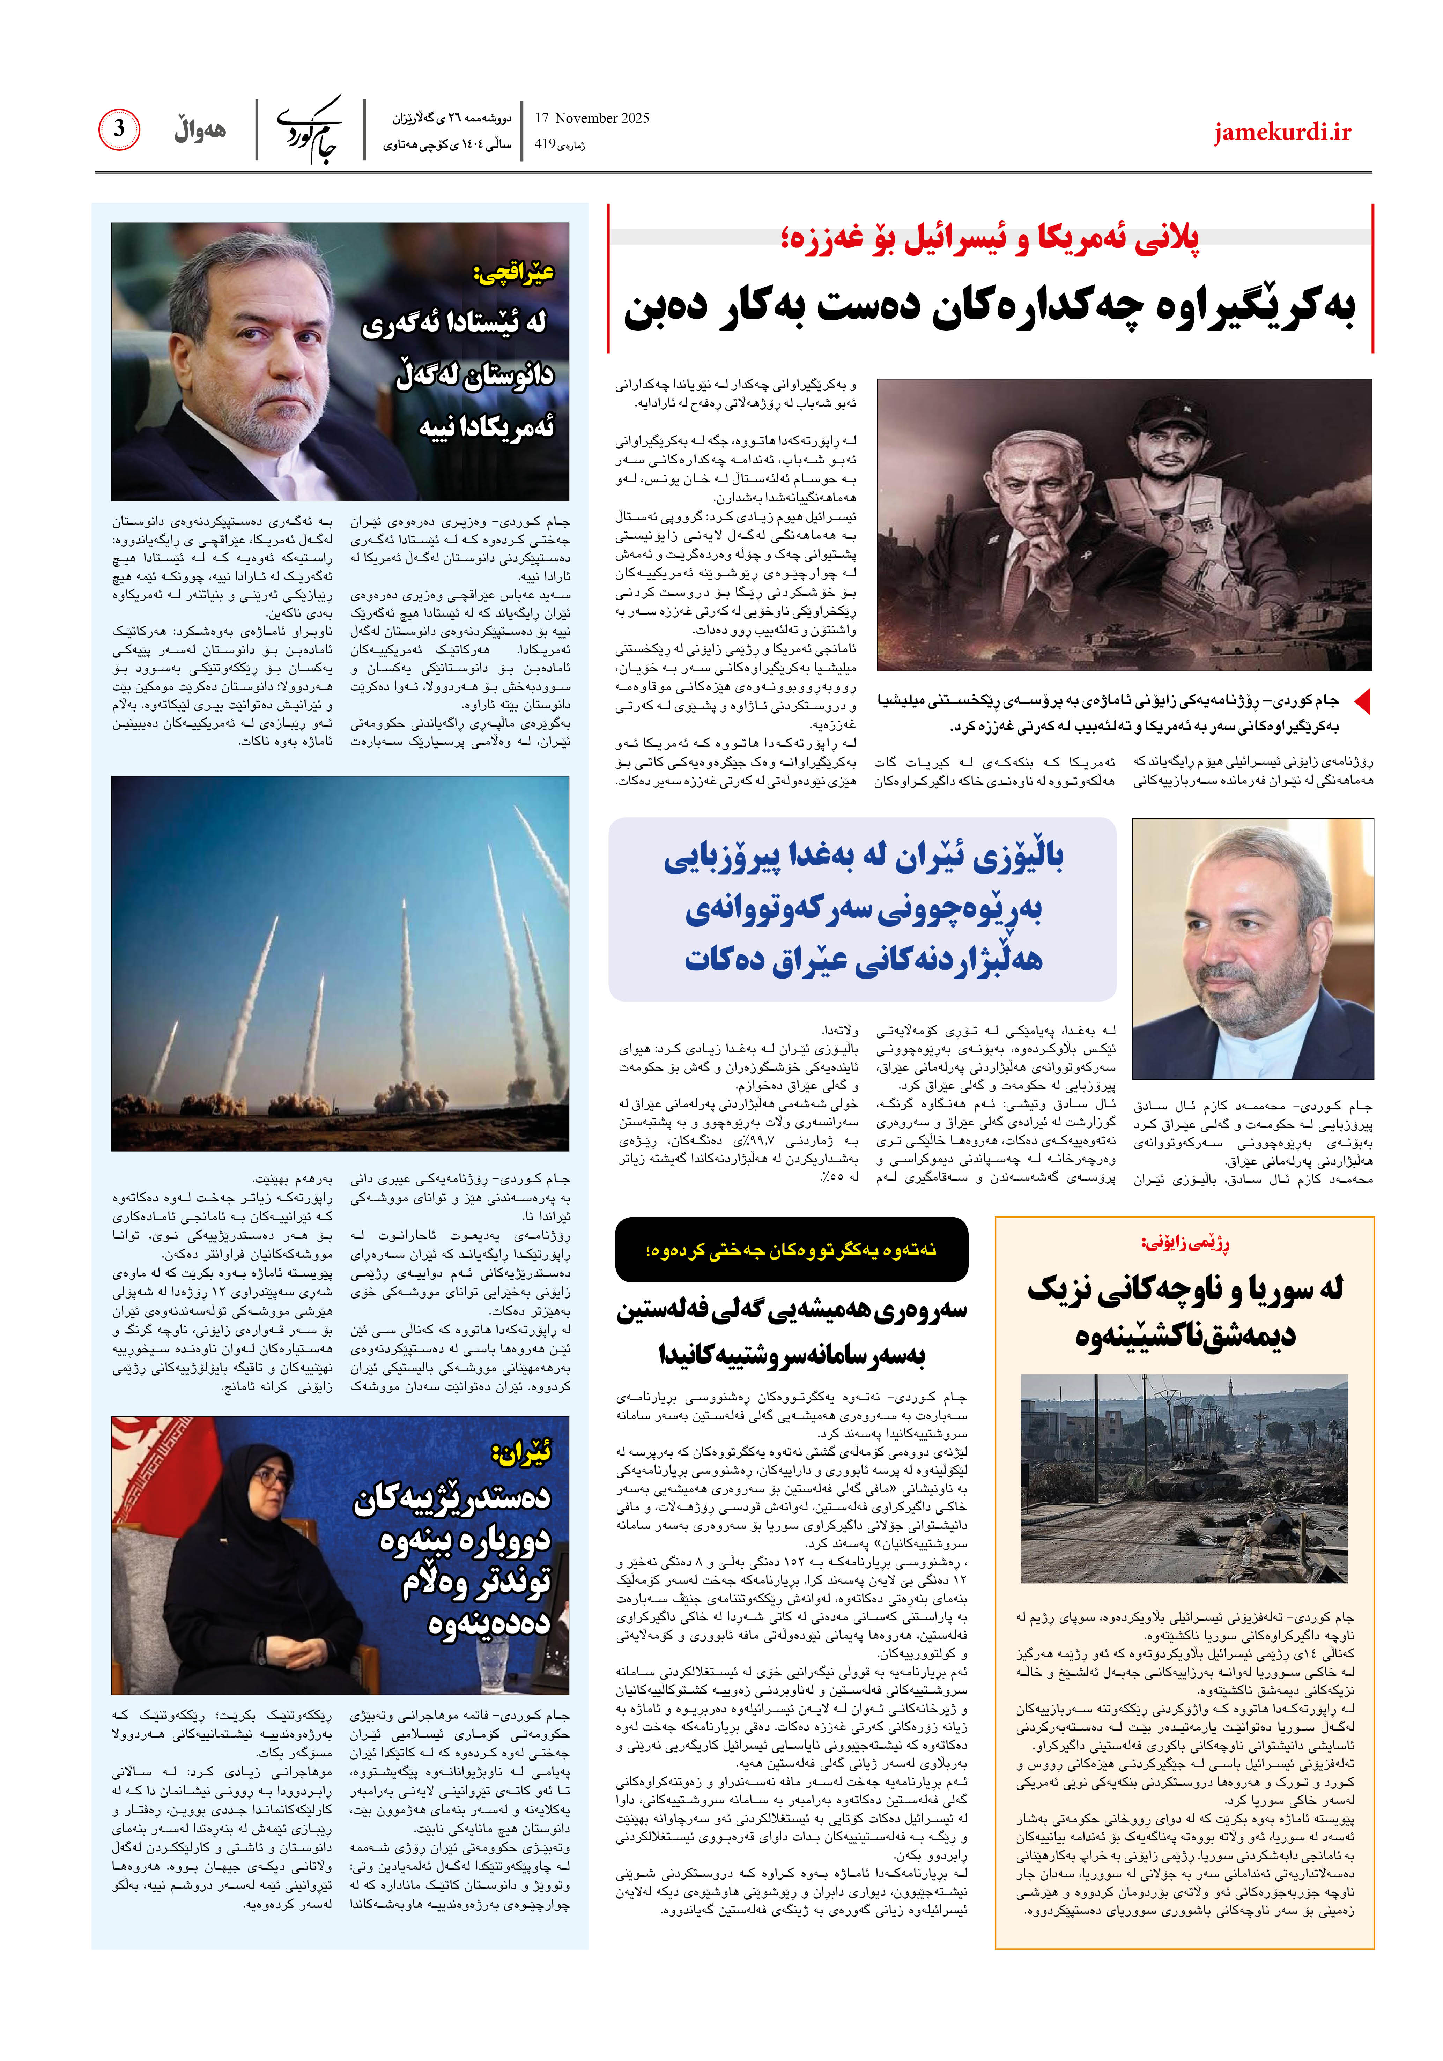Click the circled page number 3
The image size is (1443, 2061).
click(x=118, y=129)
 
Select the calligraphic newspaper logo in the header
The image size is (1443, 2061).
click(x=310, y=129)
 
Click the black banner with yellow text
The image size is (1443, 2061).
click(x=791, y=1249)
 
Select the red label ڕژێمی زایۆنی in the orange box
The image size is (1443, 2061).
click(x=1184, y=1243)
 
